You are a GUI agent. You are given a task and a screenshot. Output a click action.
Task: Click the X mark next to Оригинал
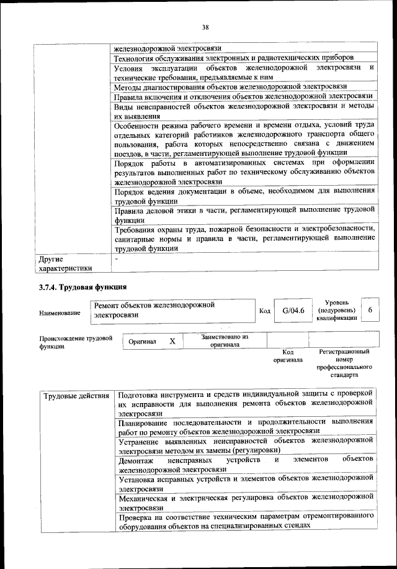pyautogui.click(x=172, y=341)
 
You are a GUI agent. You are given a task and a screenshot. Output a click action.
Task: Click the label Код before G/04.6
pyautogui.click(x=264, y=310)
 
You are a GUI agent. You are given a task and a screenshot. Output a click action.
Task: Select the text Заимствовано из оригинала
pyautogui.click(x=225, y=340)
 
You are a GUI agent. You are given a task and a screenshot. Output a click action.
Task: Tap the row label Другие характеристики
pyautogui.click(x=65, y=263)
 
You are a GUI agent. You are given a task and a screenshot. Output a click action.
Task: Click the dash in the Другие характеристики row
pyautogui.click(x=116, y=258)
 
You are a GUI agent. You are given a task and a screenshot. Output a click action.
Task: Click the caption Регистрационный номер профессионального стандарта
pyautogui.click(x=344, y=363)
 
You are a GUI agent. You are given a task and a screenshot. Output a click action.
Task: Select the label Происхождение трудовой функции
pyautogui.click(x=76, y=342)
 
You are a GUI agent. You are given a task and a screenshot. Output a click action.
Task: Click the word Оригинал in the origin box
pyautogui.click(x=143, y=342)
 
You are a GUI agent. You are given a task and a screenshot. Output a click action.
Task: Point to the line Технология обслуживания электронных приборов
pyautogui.click(x=243, y=58)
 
